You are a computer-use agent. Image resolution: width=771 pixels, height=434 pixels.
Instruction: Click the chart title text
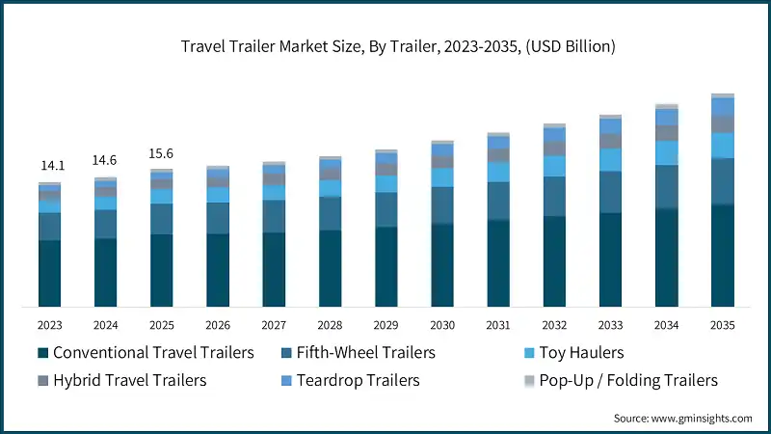[x=385, y=46]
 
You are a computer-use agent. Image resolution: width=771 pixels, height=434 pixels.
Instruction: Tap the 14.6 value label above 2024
[x=105, y=160]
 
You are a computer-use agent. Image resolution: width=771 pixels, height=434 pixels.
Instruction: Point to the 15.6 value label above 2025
[x=161, y=152]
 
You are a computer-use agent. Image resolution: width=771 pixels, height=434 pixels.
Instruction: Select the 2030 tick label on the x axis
[x=442, y=325]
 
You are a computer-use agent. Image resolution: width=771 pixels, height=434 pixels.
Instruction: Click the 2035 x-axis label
[x=722, y=325]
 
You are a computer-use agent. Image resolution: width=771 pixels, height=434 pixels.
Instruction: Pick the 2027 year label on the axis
[x=274, y=325]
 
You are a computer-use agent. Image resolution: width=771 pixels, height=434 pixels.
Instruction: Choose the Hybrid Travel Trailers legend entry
[x=129, y=380]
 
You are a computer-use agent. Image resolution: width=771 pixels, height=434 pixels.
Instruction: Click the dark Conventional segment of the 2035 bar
[x=723, y=256]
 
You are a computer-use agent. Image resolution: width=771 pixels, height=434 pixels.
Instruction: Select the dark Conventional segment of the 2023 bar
[x=49, y=274]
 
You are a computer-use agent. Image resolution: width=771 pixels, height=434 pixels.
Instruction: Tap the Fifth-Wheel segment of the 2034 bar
[x=667, y=186]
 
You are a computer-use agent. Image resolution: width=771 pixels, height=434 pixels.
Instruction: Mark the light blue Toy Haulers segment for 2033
[x=611, y=159]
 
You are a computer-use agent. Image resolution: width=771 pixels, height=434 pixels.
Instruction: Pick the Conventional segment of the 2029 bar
[x=386, y=267]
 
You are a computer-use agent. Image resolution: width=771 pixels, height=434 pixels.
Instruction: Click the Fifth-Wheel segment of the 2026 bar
[x=218, y=218]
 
